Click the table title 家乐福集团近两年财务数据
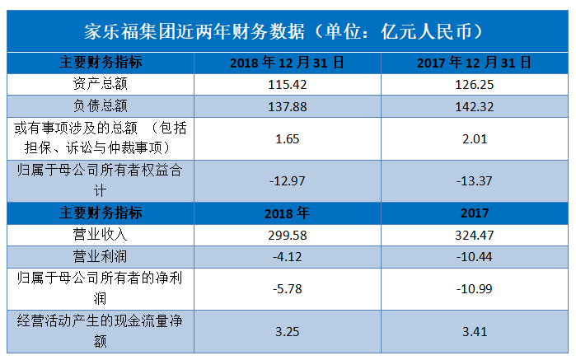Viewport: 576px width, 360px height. click(194, 31)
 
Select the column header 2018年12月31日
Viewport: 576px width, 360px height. click(288, 63)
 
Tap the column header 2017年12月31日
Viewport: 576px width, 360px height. click(475, 63)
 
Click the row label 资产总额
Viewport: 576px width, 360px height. click(101, 84)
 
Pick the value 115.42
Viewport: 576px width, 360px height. click(288, 85)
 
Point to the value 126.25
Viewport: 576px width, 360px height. click(475, 85)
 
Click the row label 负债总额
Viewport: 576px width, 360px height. click(101, 106)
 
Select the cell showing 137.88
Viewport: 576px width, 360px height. click(288, 106)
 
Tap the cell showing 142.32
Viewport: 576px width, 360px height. click(475, 106)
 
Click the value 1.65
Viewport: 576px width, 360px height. click(288, 139)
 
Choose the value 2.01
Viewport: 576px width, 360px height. click(475, 139)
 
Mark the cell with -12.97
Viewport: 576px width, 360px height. click(288, 180)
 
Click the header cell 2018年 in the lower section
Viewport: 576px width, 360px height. click(288, 213)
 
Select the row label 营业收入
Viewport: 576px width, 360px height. click(101, 235)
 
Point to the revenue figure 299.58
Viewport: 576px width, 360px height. click(288, 235)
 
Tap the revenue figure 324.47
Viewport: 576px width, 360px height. click(475, 235)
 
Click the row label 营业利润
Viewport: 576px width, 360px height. click(101, 256)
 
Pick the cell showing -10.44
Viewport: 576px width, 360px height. click(475, 256)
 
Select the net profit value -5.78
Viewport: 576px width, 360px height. click(288, 288)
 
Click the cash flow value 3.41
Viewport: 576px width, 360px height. click(475, 332)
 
